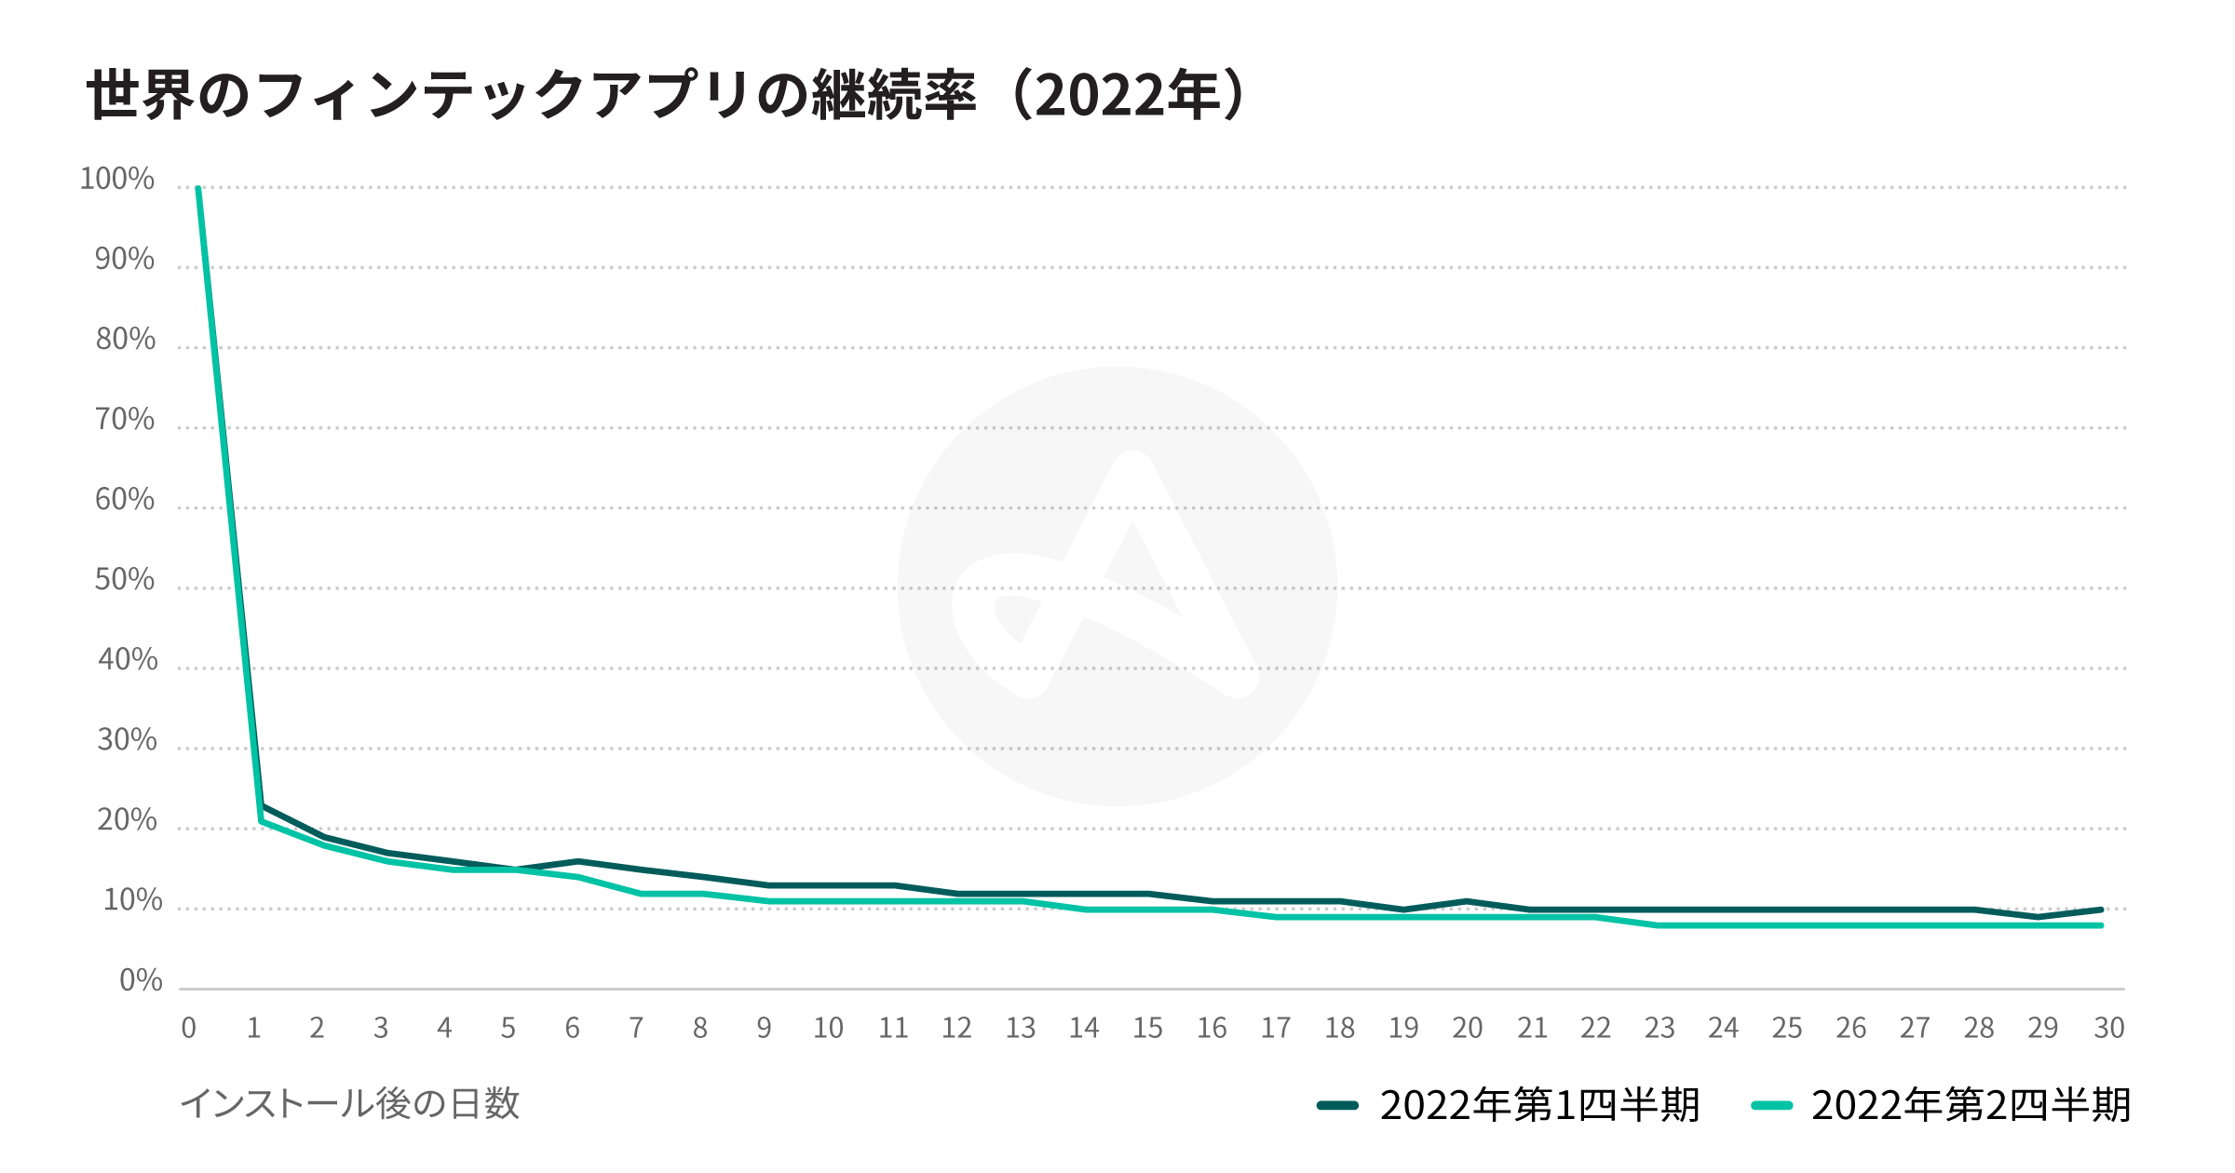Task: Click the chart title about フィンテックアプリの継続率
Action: (665, 95)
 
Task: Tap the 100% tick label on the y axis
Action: (117, 179)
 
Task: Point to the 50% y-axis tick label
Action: (125, 580)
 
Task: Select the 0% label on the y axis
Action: (141, 980)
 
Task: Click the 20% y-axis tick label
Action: (127, 820)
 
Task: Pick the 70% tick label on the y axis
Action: (125, 420)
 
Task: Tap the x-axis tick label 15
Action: (1147, 1028)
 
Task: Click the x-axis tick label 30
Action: (2108, 1028)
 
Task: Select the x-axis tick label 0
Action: (189, 1028)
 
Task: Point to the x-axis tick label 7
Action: (636, 1028)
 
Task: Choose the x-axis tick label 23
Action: (1659, 1028)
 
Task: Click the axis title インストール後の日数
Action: (350, 1104)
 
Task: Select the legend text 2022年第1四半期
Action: (1539, 1106)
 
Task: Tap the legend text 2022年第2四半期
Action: (1971, 1106)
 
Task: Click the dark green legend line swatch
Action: (1337, 1106)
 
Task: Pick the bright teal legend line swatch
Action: (1771, 1106)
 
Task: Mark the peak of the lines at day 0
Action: (198, 189)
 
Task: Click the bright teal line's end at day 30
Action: (2101, 925)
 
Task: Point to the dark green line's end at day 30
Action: (2101, 910)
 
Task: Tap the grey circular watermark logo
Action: (1117, 586)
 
